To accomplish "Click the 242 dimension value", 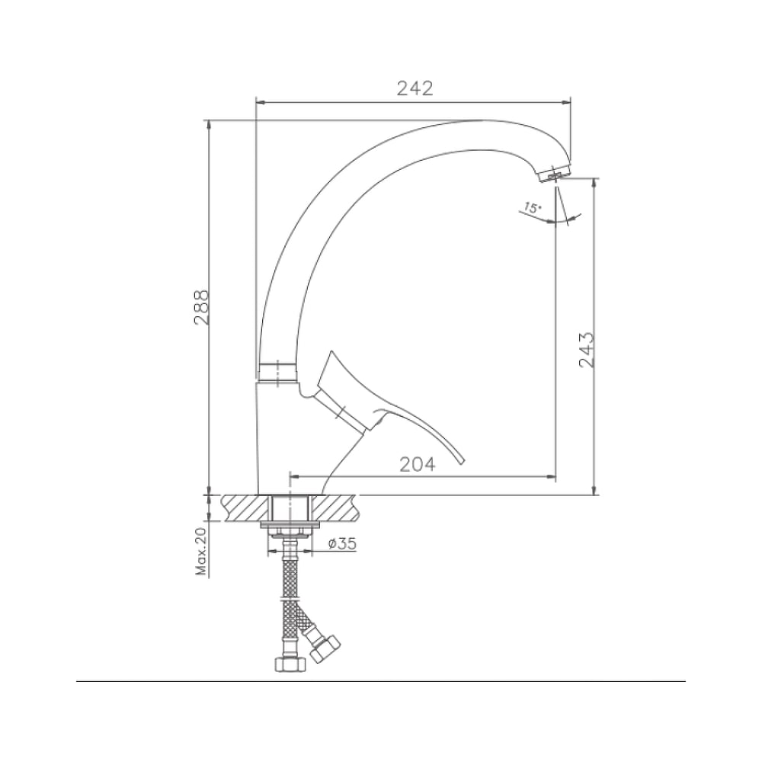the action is [x=415, y=88].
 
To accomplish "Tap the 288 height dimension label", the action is [x=201, y=308].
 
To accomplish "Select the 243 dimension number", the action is [x=587, y=350].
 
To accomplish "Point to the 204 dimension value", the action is [x=418, y=465].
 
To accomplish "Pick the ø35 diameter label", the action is [x=342, y=543].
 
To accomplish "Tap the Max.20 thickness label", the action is [x=201, y=551].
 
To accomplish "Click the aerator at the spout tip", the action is [x=555, y=174].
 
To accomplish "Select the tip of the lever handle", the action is [x=462, y=461].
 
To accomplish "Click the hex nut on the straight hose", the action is [x=290, y=664].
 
